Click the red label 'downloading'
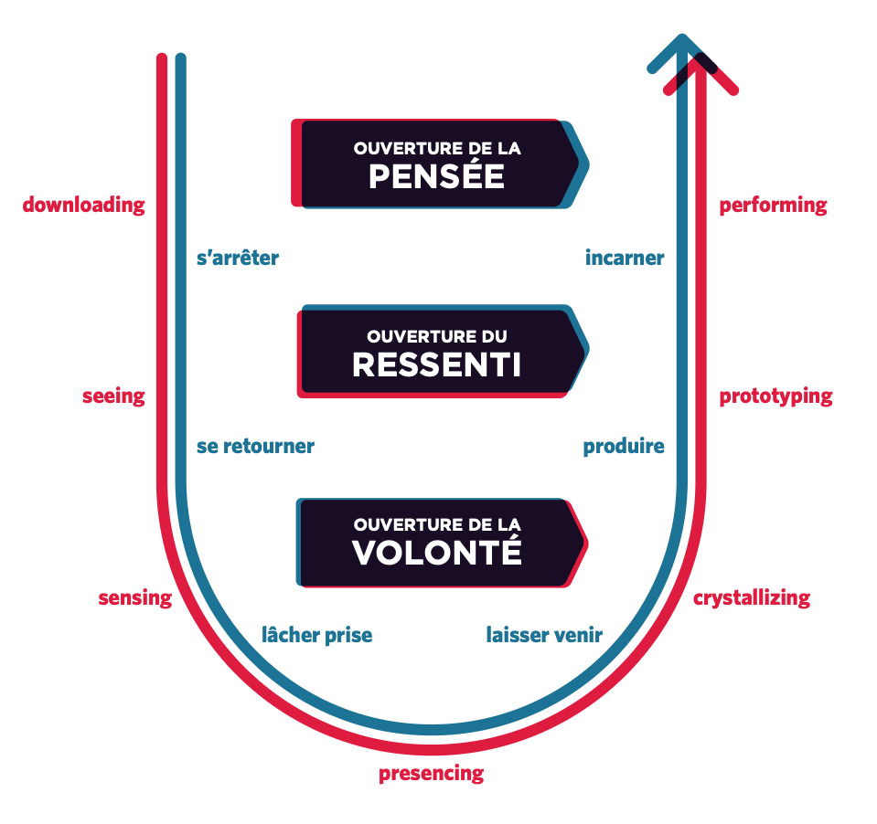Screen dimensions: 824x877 [x=84, y=205]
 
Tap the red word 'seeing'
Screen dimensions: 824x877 [x=113, y=396]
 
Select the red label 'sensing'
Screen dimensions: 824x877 [x=135, y=598]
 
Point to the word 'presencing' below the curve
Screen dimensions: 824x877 [x=432, y=774]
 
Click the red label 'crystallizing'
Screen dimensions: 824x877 [x=752, y=598]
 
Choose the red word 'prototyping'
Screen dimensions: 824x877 [x=775, y=396]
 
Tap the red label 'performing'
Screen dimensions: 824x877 [x=773, y=206]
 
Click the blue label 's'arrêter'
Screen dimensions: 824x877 [x=238, y=259]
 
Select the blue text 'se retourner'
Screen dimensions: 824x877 [x=255, y=447]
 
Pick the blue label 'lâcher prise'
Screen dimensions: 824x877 [x=317, y=635]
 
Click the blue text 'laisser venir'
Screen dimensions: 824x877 [x=544, y=635]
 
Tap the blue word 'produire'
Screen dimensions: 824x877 [x=624, y=447]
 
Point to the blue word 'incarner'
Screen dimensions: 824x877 [x=625, y=259]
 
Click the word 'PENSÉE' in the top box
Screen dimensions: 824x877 [x=436, y=175]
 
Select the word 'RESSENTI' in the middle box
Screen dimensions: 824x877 [x=436, y=364]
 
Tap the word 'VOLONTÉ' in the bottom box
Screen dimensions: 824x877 [x=436, y=553]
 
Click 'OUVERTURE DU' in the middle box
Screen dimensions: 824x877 [x=436, y=337]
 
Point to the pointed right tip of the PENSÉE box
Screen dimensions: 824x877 [x=585, y=164]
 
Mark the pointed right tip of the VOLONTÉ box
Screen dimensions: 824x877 [x=584, y=545]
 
